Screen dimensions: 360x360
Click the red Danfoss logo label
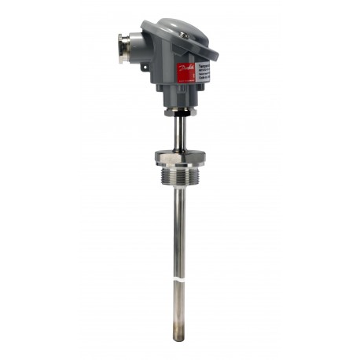coord(186,72)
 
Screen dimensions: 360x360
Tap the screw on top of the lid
coord(183,35)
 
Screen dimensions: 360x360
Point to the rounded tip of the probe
coord(179,337)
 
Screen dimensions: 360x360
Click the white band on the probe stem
coord(180,277)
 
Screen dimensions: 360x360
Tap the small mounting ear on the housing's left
coord(147,72)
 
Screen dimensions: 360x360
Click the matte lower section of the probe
coord(179,310)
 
